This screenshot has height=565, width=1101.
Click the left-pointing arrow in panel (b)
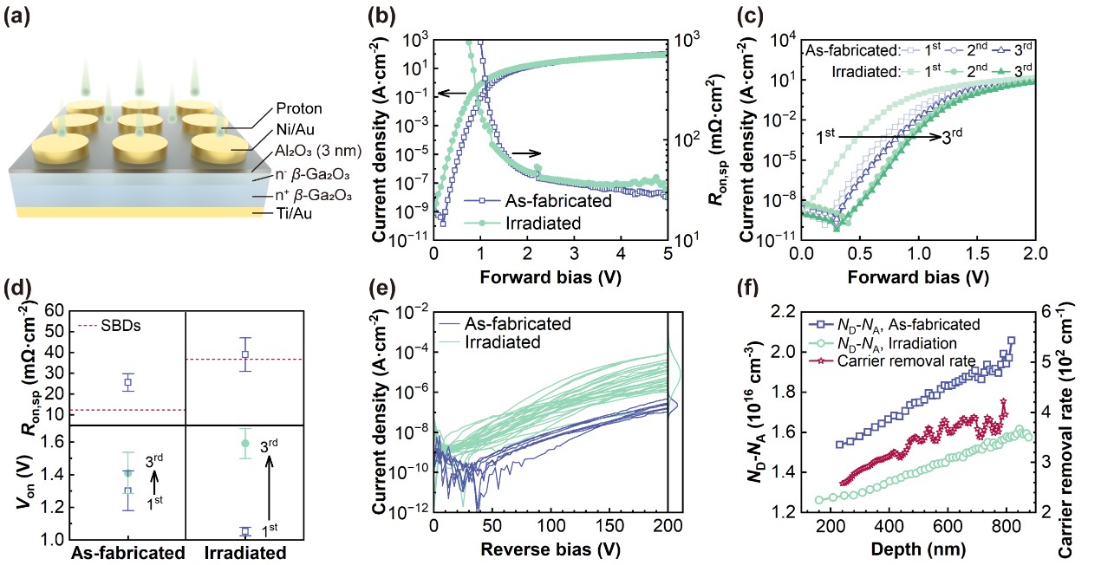(449, 94)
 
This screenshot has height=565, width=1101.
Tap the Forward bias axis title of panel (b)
(550, 276)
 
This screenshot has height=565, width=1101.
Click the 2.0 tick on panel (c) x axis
(1034, 254)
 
